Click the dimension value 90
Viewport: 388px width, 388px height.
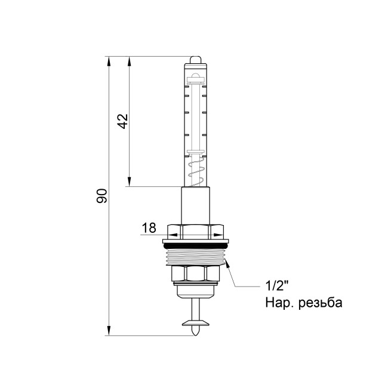tap(103, 196)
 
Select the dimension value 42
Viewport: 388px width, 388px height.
tap(122, 121)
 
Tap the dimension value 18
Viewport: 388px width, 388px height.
tap(149, 227)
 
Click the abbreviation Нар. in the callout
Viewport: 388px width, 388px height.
tap(279, 303)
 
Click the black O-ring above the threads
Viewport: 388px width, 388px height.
tap(196, 245)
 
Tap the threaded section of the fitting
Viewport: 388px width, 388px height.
tap(196, 257)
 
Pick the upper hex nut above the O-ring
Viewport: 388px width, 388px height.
tap(196, 231)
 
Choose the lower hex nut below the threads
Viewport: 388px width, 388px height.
tap(196, 275)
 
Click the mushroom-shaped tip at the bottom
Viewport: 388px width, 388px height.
tap(196, 325)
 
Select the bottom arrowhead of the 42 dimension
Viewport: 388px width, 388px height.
tap(129, 182)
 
